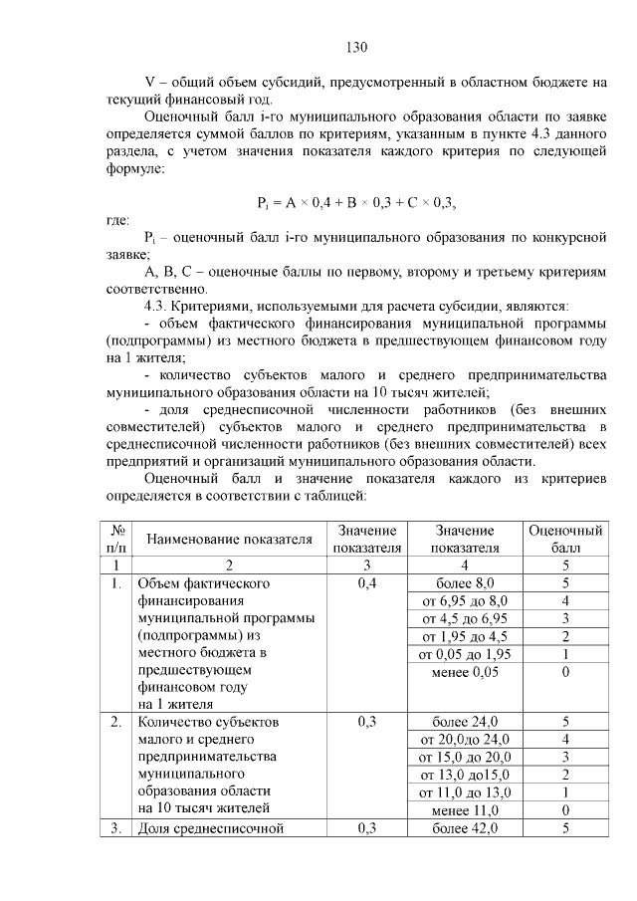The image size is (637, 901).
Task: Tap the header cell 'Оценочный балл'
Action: point(564,539)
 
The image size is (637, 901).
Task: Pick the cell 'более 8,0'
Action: point(465,583)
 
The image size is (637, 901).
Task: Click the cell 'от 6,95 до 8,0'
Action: point(465,601)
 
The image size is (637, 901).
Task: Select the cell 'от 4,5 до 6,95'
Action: point(465,619)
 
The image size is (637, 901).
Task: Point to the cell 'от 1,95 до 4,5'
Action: point(465,637)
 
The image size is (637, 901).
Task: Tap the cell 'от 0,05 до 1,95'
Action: point(465,655)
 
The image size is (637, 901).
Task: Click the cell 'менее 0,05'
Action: point(465,673)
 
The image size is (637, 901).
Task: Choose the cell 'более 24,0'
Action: point(465,722)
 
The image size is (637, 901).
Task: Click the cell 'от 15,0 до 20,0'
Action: point(465,757)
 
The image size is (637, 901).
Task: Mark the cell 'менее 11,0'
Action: point(465,810)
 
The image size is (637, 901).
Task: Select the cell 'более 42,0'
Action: point(465,828)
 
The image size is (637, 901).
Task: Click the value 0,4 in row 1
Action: point(366,583)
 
